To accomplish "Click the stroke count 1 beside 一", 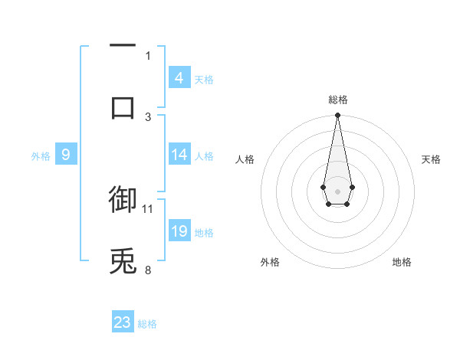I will tap(148, 55).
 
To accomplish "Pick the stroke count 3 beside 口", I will tap(148, 116).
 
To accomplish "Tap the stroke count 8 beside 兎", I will tap(148, 270).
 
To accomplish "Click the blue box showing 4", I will tap(179, 77).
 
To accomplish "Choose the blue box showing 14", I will tap(179, 155).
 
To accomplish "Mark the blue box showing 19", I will tap(179, 231).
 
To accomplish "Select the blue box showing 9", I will tap(65, 155).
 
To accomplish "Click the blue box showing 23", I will tap(123, 322).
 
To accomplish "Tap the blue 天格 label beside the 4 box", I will tap(204, 80).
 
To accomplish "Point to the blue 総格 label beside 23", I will tap(147, 325).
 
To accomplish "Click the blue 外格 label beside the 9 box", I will tap(41, 157).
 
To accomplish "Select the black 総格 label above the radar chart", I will tap(337, 100).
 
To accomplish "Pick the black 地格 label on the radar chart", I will tap(402, 263).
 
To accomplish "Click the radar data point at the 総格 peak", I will tap(337, 116).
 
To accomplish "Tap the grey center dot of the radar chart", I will tap(337, 190).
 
